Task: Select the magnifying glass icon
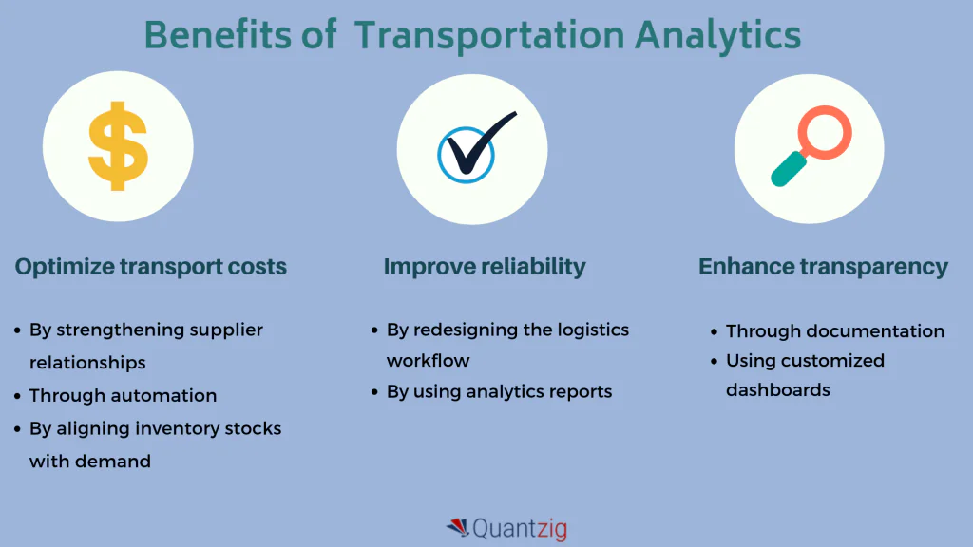[x=810, y=146]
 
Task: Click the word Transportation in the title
[x=490, y=35]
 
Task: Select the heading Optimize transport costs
[x=150, y=267]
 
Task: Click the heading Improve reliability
[x=485, y=267]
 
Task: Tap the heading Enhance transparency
[x=823, y=267]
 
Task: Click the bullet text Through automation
[x=123, y=395]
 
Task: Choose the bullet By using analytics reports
[x=499, y=391]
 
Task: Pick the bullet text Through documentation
[x=834, y=331]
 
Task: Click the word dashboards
[x=777, y=390]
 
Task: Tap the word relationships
[x=87, y=362]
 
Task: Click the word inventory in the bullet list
[x=146, y=428]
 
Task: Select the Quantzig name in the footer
[x=519, y=528]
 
